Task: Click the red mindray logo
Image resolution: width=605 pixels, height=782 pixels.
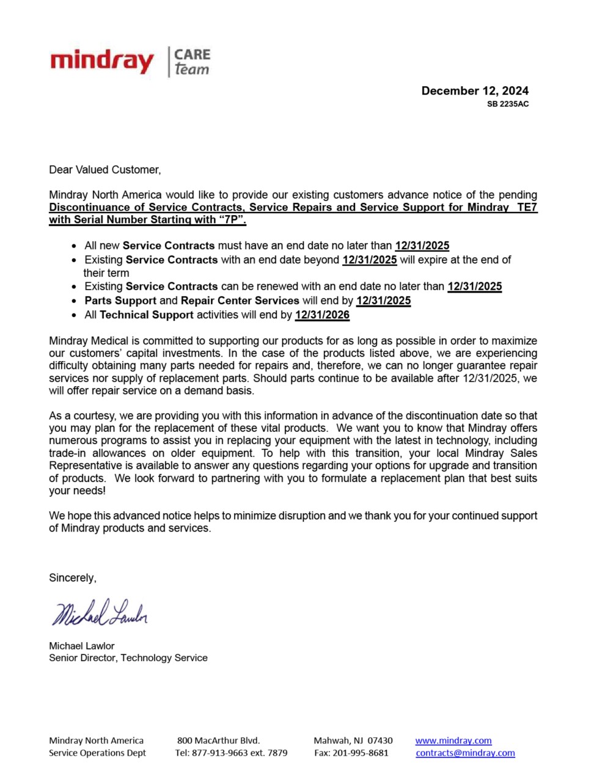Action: click(x=102, y=62)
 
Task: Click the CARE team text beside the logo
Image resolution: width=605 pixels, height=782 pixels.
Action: click(x=192, y=62)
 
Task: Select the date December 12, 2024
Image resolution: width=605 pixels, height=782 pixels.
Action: click(x=475, y=91)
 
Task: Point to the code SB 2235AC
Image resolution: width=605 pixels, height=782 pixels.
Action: click(x=507, y=104)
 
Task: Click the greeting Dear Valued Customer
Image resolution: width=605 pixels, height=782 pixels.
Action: click(x=105, y=170)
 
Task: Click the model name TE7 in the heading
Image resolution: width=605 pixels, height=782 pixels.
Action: click(x=527, y=207)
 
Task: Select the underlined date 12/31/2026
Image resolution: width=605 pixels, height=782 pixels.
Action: click(x=322, y=315)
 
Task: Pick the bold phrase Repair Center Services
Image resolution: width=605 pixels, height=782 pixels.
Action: click(x=240, y=301)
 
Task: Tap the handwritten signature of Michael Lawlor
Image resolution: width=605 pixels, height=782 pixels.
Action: click(x=100, y=613)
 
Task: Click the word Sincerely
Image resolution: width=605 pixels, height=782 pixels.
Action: click(x=73, y=578)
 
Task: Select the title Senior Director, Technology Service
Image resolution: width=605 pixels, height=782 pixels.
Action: click(x=128, y=658)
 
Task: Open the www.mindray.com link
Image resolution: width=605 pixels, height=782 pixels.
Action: click(x=453, y=741)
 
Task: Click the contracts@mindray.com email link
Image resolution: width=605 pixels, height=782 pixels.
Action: click(x=465, y=753)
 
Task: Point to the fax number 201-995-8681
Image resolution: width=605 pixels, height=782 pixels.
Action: click(x=360, y=753)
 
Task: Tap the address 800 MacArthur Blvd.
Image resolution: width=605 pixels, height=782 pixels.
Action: click(x=218, y=741)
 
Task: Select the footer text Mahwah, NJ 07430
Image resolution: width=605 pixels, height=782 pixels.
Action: click(x=353, y=741)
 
